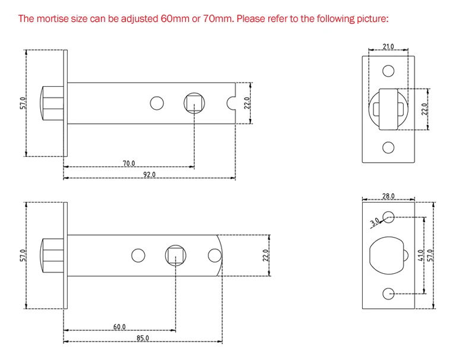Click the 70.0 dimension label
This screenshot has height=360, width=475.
coord(129,163)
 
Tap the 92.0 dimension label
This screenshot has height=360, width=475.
coord(150,175)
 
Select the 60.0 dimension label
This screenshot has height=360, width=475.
coord(119,327)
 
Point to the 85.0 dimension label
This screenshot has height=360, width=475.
coord(142,338)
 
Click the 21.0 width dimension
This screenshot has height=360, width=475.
coord(388,46)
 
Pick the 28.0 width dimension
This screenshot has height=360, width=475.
coord(388,196)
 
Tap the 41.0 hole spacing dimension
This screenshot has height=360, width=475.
coord(420,255)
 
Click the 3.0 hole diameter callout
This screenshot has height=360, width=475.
coord(375,222)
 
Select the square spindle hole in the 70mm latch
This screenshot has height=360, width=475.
coord(194,103)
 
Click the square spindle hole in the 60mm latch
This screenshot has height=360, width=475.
coord(176,255)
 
